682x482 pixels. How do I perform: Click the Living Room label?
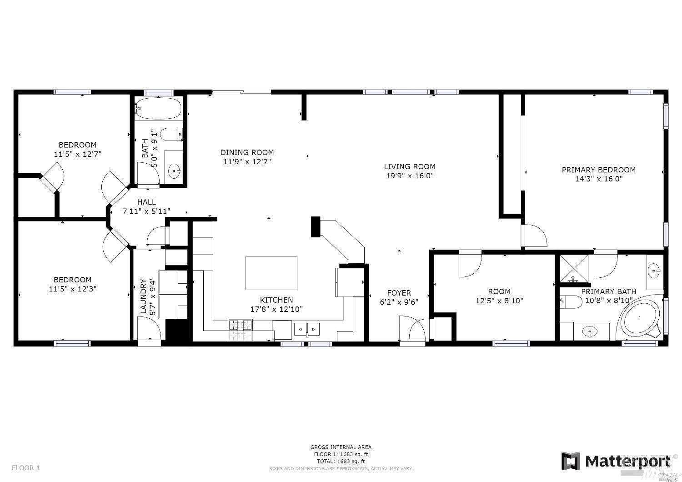[409, 166]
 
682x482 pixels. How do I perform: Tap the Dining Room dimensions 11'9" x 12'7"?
[247, 161]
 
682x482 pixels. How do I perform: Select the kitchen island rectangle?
[271, 273]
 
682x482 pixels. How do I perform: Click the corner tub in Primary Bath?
[639, 318]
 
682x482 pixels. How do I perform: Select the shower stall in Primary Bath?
[573, 269]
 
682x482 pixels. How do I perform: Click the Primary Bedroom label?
[598, 170]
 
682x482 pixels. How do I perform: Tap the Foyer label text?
[399, 293]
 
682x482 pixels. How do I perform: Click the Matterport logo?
[616, 461]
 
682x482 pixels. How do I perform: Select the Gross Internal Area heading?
[341, 447]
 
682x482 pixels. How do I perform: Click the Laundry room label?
[143, 296]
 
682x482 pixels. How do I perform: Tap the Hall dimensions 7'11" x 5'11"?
[146, 211]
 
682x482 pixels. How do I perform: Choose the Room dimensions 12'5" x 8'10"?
[499, 301]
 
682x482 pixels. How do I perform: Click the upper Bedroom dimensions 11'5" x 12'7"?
[77, 154]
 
